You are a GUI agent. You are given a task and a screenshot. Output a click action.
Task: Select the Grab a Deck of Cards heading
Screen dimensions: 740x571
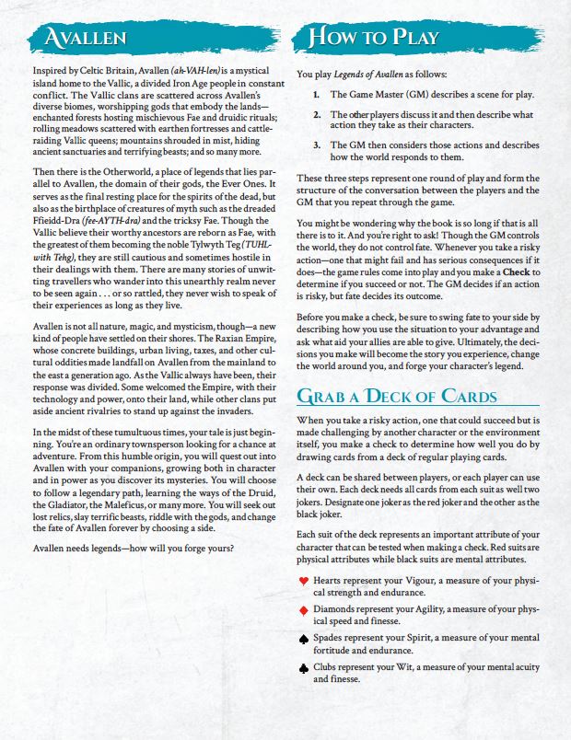396,398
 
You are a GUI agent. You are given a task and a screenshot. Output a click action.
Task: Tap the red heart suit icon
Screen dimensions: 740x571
304,581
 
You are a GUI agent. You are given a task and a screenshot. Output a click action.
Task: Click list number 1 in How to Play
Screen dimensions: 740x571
316,95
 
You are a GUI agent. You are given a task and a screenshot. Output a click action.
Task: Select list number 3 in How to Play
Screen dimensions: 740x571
316,145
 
